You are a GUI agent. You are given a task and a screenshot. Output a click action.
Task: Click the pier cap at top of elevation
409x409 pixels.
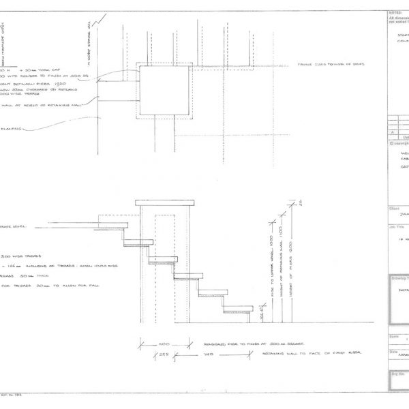tap(165, 203)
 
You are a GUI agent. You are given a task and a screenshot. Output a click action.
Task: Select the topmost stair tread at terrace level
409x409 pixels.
tap(113, 223)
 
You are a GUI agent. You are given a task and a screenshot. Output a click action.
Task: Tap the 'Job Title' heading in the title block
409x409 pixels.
tap(395, 226)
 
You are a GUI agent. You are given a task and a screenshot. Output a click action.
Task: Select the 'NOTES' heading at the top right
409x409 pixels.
tap(395, 12)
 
